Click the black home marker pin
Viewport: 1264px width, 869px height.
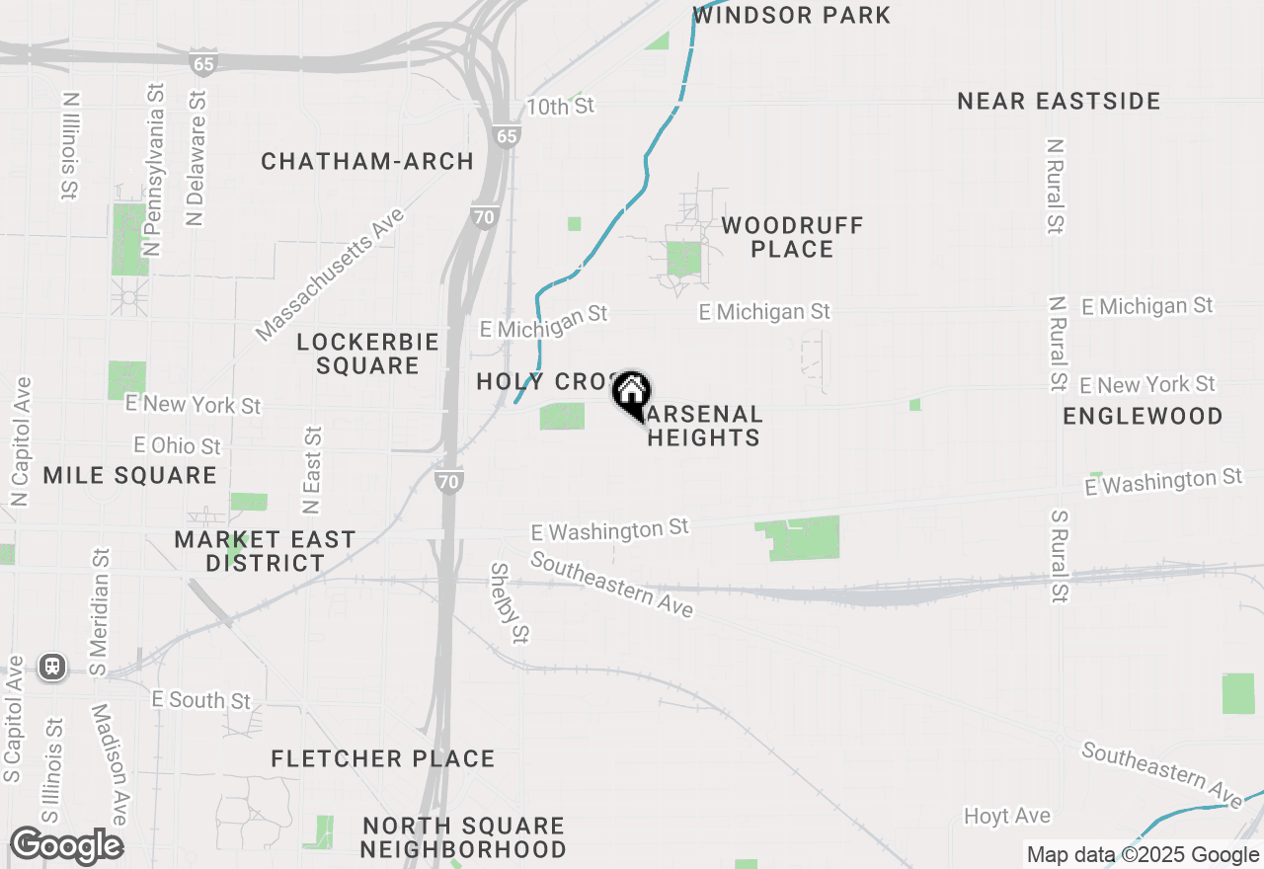[631, 394]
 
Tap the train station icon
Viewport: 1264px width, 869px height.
[52, 667]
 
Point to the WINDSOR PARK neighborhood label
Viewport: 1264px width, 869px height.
[792, 15]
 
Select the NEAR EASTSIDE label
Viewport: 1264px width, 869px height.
[1059, 101]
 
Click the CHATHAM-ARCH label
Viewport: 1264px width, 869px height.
[367, 161]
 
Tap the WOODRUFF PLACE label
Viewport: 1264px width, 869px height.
[792, 237]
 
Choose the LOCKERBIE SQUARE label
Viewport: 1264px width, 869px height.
[367, 354]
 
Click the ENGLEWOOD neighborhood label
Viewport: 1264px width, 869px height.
[1143, 416]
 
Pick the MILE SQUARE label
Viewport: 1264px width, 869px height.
[129, 475]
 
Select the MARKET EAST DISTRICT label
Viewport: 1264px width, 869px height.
[265, 551]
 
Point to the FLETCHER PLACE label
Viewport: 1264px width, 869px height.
[382, 758]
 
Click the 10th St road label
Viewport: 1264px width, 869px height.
[560, 106]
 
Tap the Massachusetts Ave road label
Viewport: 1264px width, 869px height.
[330, 274]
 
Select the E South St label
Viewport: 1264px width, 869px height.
[201, 700]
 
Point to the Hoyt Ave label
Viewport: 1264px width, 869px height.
[1007, 816]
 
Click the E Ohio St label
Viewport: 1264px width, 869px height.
[178, 446]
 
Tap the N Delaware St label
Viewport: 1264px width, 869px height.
[196, 158]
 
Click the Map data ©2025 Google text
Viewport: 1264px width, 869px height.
[1143, 855]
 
